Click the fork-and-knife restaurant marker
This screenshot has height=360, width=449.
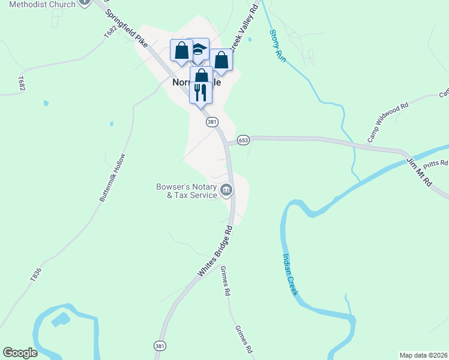pos(200,92)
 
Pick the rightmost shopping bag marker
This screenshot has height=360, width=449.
pos(221,60)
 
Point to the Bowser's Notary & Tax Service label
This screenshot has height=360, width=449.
pos(186,191)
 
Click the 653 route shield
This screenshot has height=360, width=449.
pos(243,140)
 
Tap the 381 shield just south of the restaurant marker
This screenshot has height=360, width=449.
pos(211,122)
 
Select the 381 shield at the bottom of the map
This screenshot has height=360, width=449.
pos(159,347)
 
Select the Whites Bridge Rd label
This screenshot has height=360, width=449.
pos(215,252)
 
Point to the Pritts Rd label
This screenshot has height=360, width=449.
pos(436,163)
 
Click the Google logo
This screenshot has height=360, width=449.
pos(20,353)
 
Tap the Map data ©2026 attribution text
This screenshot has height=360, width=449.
pos(423,355)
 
